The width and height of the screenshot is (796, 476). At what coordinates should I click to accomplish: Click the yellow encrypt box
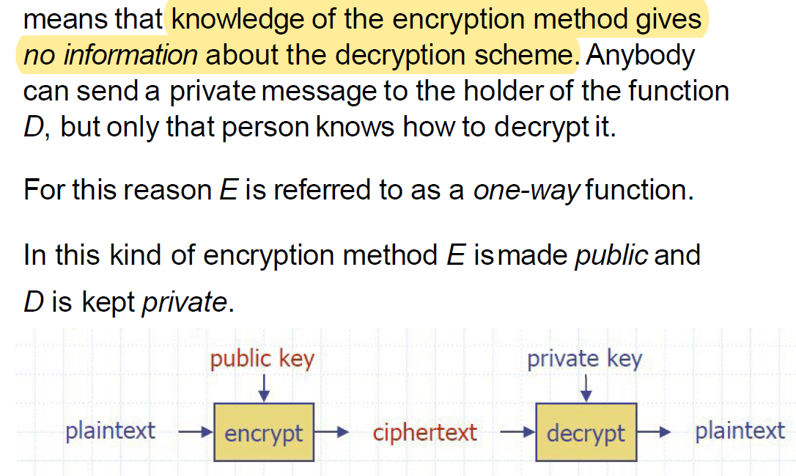click(263, 432)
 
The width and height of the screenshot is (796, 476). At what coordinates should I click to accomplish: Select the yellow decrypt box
click(586, 432)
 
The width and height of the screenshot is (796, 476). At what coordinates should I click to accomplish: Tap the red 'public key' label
click(262, 359)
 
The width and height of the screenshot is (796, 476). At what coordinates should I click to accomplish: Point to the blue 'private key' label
click(584, 359)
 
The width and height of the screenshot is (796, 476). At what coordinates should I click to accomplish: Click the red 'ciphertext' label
click(424, 432)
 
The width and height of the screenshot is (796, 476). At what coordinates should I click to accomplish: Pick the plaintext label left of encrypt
click(110, 431)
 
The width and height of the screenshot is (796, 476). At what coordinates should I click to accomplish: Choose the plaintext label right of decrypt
click(740, 431)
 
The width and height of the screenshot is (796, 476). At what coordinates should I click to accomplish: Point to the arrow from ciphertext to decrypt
click(517, 433)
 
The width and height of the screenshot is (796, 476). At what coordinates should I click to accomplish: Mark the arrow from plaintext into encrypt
click(194, 433)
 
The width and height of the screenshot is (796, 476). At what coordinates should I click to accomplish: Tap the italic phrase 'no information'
click(111, 55)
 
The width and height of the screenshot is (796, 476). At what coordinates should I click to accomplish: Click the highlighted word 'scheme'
click(531, 55)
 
